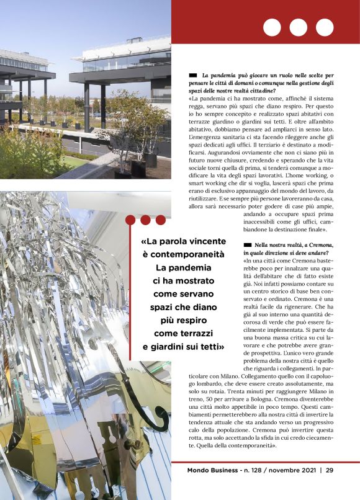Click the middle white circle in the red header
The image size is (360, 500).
[298, 27]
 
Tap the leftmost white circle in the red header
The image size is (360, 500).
[272, 27]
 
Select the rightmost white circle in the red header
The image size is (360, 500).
[325, 27]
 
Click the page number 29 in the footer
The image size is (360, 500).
[330, 470]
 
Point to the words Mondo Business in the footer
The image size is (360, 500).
[213, 470]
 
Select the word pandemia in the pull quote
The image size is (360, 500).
[195, 267]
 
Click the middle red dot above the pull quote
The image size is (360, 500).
[145, 220]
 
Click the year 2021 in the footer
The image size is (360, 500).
[307, 470]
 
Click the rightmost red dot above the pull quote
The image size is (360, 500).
[160, 220]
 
